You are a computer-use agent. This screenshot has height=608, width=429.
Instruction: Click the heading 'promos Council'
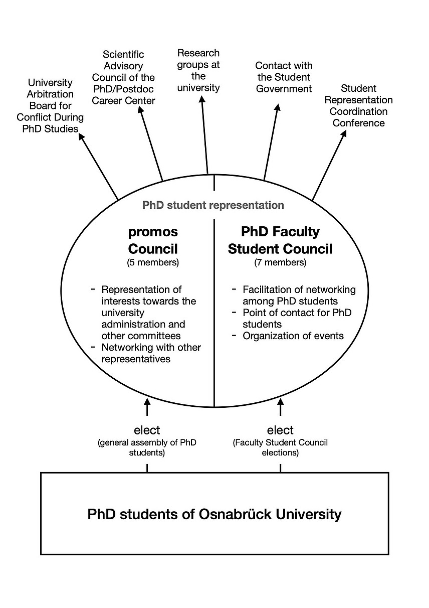153,240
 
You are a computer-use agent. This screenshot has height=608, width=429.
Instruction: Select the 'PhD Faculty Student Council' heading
280,240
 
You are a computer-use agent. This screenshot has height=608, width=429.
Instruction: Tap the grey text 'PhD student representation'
213,205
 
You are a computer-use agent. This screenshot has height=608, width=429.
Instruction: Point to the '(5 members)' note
153,262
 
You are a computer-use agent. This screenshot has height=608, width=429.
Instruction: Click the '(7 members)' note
280,262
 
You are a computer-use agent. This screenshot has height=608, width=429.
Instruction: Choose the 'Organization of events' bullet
293,336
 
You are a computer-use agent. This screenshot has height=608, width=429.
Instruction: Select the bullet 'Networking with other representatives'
150,353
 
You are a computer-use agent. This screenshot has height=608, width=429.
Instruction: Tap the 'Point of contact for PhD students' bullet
297,319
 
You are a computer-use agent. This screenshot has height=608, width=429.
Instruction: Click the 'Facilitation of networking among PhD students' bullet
299,295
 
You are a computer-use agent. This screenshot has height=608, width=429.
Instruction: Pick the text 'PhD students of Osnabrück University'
214,514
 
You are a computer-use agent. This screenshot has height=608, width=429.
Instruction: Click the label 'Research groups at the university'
198,70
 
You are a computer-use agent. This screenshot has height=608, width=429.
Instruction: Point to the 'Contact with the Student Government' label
284,77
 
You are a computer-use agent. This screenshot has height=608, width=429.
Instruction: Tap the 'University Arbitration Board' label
50,105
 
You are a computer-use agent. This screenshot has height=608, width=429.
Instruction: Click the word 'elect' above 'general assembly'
147,430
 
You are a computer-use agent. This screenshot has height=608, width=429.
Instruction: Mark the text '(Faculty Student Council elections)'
280,447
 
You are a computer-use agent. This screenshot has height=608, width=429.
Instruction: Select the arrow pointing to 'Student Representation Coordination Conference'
329,166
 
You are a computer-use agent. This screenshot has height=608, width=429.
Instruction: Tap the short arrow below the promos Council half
147,407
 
